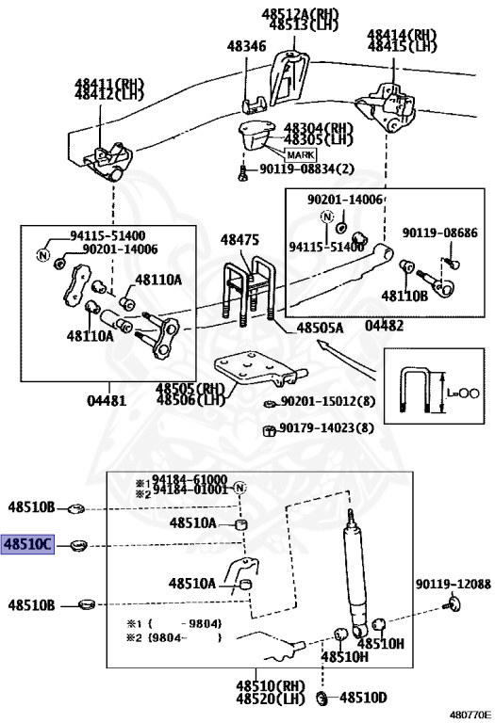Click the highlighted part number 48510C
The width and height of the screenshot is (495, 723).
pyautogui.click(x=29, y=545)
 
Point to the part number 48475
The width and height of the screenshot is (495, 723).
pyautogui.click(x=239, y=241)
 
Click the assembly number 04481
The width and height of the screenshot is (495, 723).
pyautogui.click(x=106, y=400)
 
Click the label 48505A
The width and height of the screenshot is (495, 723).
pyautogui.click(x=320, y=329)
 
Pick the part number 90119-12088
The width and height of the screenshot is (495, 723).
pyautogui.click(x=453, y=585)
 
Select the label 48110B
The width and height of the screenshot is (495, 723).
pyautogui.click(x=404, y=296)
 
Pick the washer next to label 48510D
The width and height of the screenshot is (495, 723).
pyautogui.click(x=322, y=698)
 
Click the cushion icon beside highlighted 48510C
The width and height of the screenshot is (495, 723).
pyautogui.click(x=77, y=546)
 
